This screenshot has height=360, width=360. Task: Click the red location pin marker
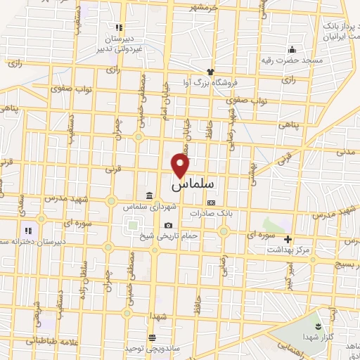(x=181, y=166)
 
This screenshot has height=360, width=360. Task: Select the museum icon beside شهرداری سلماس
(x=150, y=195)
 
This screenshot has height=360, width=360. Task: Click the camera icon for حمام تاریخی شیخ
(x=167, y=225)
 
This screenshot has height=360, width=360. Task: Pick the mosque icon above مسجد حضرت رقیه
(x=292, y=49)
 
